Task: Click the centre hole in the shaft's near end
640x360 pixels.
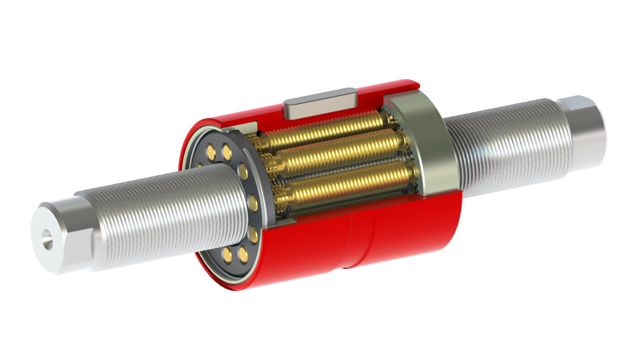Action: [47, 239]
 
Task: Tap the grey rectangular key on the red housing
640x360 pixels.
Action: [320, 103]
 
